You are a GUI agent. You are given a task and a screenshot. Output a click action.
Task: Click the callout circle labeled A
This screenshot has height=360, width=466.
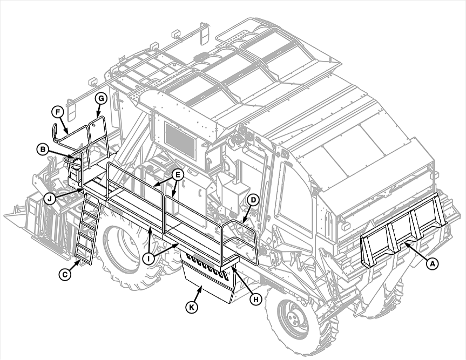[x=432, y=263]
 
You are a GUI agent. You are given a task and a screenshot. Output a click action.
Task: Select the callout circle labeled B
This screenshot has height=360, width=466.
[x=43, y=150]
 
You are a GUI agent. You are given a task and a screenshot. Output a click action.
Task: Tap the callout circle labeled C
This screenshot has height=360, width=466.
[x=65, y=275]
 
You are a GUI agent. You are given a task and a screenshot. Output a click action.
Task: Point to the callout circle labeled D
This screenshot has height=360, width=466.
[x=253, y=200]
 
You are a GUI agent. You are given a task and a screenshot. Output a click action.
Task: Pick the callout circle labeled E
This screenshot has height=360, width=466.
[x=178, y=175]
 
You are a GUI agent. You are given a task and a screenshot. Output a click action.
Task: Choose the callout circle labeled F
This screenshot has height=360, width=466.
[x=58, y=112]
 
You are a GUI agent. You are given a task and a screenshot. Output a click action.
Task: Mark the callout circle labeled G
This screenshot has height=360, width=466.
[x=101, y=99]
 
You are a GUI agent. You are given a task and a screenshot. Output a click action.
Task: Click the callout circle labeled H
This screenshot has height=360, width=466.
[x=255, y=299]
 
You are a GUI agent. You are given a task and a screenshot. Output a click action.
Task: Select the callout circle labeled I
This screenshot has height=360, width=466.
[x=148, y=259]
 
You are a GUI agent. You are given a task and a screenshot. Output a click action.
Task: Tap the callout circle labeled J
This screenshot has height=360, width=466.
[x=50, y=199]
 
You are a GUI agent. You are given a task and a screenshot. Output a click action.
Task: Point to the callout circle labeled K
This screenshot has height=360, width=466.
[x=192, y=307]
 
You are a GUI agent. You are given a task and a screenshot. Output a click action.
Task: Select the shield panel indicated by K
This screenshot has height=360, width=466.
[x=210, y=276]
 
